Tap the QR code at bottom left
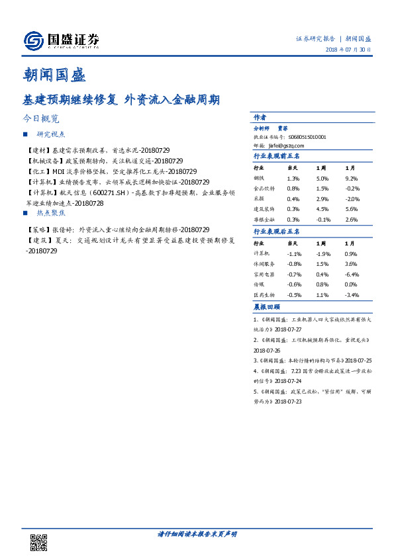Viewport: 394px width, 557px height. coord(39,542)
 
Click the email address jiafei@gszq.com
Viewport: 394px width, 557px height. coord(287,145)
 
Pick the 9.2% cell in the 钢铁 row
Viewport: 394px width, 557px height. coord(352,179)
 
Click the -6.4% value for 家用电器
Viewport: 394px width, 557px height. coord(352,274)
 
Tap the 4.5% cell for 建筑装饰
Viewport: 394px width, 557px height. coord(322,209)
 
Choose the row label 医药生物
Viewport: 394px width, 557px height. coord(264,294)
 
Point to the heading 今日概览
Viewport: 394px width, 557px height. coord(40,119)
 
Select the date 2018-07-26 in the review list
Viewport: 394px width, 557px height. coord(268,350)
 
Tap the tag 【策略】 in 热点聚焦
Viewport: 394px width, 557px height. coord(38,229)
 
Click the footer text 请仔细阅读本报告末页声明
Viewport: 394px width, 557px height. coord(197,534)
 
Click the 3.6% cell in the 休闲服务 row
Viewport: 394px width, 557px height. coord(352,264)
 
